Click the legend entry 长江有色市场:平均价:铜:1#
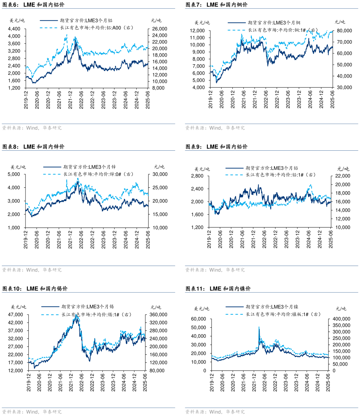coord(278,30)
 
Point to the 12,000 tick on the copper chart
coord(197,30)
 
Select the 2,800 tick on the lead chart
coord(197,176)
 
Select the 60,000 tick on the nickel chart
coord(198,319)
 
